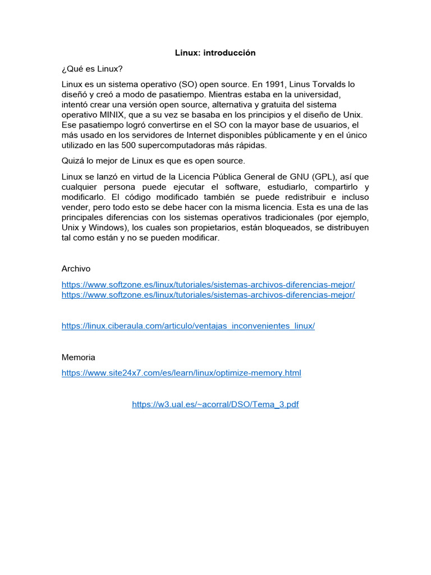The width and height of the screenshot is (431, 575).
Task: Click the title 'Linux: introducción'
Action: click(x=215, y=53)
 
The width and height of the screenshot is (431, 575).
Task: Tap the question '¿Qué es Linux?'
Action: click(x=92, y=69)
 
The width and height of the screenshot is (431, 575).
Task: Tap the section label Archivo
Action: click(x=76, y=268)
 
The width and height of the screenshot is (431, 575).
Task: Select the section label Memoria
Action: click(x=78, y=357)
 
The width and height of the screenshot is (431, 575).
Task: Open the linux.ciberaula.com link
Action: click(x=188, y=326)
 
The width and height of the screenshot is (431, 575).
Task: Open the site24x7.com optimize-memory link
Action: click(x=181, y=372)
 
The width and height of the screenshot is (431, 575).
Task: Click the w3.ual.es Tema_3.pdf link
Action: click(x=215, y=404)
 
